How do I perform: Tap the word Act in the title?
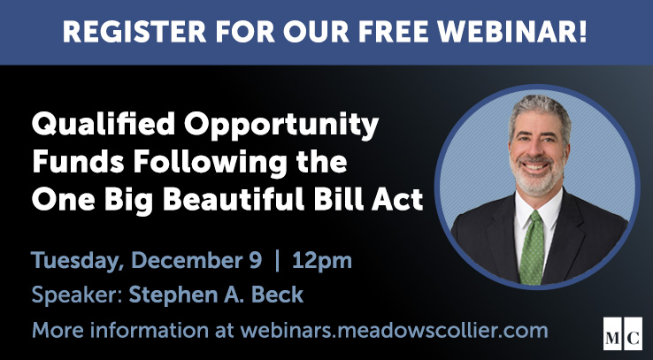(x=398, y=200)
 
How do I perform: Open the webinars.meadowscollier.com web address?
(x=394, y=332)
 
